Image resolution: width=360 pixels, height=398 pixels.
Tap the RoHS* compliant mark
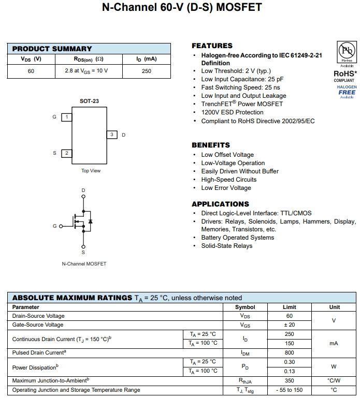(x=345, y=76)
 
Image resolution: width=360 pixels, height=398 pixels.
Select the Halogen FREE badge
(x=347, y=91)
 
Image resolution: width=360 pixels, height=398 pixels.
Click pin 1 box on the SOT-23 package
(x=66, y=117)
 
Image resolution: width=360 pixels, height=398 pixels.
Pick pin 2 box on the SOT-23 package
(x=66, y=153)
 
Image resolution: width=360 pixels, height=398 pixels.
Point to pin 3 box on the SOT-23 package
(x=111, y=135)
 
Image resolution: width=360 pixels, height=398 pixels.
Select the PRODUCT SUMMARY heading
(x=52, y=49)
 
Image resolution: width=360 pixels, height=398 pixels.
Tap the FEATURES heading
(x=212, y=46)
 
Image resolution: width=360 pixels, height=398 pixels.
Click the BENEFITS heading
(x=210, y=145)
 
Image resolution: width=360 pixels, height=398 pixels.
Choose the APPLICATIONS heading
(x=220, y=204)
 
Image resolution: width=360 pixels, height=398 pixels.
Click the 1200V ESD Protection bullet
(x=232, y=112)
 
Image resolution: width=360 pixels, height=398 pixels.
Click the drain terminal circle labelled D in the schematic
(x=83, y=197)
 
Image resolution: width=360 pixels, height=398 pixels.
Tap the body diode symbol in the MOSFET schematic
(x=91, y=222)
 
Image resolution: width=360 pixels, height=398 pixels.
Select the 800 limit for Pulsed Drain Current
(x=289, y=352)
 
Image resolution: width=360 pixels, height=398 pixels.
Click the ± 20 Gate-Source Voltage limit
(x=289, y=325)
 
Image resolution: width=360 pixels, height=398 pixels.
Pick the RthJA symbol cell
(x=245, y=380)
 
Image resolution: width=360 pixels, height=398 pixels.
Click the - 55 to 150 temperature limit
(x=289, y=390)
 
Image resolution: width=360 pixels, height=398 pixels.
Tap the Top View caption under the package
(x=91, y=171)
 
